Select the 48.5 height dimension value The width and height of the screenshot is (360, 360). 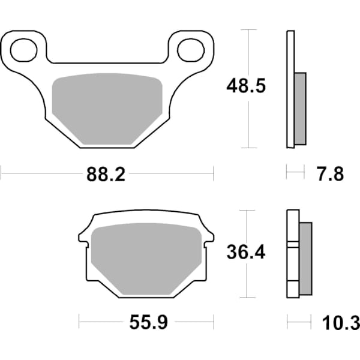tap(245, 86)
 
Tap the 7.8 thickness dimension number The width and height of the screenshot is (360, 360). tap(329, 175)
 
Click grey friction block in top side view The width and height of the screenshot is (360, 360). tap(300, 108)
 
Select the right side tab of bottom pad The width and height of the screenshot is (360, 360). tap(209, 237)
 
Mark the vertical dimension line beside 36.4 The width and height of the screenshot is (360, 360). tap(247, 282)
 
